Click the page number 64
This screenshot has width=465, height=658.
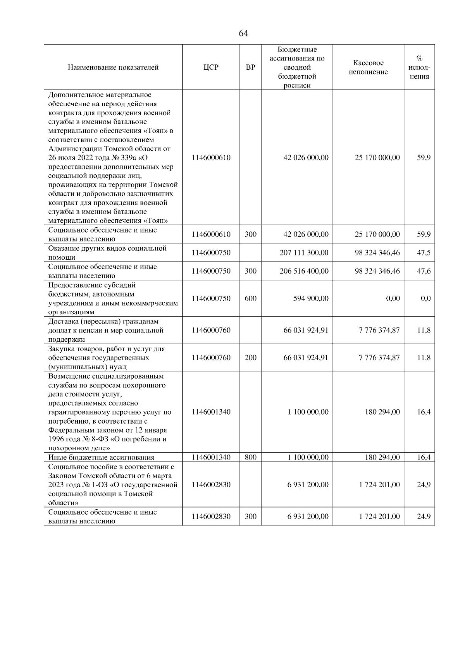point(243,34)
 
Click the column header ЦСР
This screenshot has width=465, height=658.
point(211,67)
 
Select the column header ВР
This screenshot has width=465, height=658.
point(250,67)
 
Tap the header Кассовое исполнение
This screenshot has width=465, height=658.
point(368,67)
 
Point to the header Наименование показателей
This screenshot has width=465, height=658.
point(113,67)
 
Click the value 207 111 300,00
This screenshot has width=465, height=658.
point(304,253)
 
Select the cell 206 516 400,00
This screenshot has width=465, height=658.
point(304,271)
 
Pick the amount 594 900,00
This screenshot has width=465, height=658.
point(311,298)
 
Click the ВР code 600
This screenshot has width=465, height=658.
point(250,298)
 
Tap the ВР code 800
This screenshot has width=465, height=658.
point(250,457)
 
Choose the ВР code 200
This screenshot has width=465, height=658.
point(250,357)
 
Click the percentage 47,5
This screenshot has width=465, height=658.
point(424,253)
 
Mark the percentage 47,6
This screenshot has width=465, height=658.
point(424,271)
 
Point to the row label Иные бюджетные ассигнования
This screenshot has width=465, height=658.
point(101,457)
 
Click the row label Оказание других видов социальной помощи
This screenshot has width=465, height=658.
point(107,253)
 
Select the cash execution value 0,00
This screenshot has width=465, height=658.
point(393,298)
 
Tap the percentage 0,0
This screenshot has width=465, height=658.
point(425,298)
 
